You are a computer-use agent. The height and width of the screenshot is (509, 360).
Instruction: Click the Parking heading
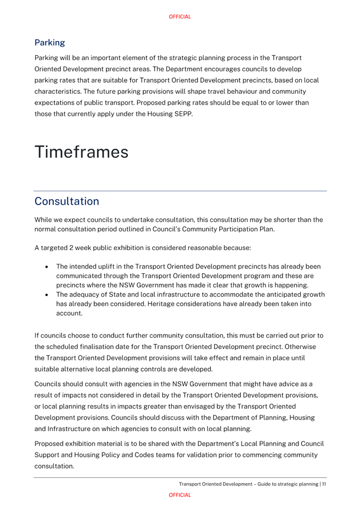tap(49, 42)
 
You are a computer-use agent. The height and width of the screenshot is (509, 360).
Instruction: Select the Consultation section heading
tap(66, 201)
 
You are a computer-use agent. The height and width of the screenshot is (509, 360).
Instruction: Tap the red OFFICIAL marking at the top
tap(179, 17)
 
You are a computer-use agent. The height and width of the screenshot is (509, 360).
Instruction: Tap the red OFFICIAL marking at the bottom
tap(179, 495)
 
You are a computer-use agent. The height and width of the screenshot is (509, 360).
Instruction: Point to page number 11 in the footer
tap(324, 484)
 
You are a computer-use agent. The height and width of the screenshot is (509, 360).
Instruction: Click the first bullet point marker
tap(48, 267)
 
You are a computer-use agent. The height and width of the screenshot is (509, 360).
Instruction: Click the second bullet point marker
tap(48, 295)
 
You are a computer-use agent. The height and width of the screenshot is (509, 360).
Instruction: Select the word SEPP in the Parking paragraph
tap(182, 114)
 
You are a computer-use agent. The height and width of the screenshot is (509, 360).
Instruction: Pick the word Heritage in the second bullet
tap(180, 304)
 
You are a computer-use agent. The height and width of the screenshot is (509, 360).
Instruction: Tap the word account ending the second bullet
tap(69, 314)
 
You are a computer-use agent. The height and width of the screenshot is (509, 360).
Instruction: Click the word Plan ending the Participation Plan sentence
tap(265, 229)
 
